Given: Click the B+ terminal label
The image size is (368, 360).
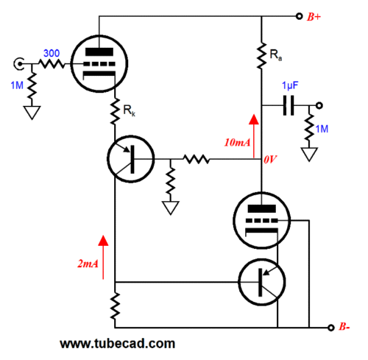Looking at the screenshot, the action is (314, 17).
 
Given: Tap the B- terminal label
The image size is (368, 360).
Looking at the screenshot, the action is (344, 327).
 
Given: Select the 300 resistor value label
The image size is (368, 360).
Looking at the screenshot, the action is (52, 53).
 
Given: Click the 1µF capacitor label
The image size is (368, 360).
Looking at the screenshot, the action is (290, 85).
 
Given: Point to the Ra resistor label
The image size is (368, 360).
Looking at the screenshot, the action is (276, 54).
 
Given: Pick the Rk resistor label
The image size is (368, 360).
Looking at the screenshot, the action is (129, 110).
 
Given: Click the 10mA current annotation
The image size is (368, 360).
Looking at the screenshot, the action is (237, 143).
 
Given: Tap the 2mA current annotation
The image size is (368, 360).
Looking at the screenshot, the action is (88, 264).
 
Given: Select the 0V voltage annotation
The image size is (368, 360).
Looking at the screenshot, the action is (270, 160).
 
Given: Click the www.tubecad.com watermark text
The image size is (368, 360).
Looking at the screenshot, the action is (118, 344).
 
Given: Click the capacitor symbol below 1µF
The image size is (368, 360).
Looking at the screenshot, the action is (289, 106).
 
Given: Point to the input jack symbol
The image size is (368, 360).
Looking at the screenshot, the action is (18, 64).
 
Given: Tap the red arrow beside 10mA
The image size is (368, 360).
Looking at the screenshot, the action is (254, 136).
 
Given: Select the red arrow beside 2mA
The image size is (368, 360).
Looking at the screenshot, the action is (103, 257).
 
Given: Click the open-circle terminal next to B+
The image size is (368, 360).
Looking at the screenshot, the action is (299, 16).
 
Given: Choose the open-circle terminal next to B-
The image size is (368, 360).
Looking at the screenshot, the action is (331, 328).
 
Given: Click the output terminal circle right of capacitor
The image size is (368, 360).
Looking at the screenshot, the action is (319, 106).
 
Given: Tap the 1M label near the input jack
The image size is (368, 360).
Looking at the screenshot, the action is (17, 85).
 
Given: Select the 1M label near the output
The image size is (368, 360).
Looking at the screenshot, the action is (322, 129).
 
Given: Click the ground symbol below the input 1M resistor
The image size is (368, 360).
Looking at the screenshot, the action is (32, 113).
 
